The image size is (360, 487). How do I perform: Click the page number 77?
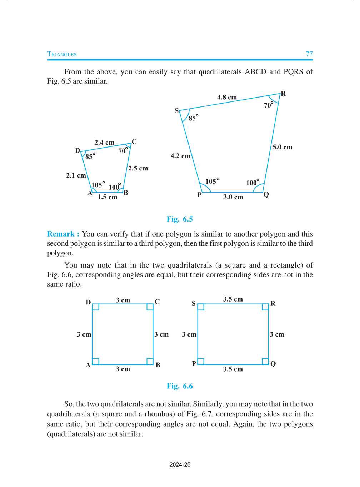pos(309,54)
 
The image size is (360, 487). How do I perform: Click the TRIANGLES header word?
pos(62,54)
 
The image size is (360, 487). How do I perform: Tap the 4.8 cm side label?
pos(227,97)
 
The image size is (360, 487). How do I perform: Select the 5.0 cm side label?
pos(282,147)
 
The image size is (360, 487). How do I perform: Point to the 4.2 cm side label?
pos(180,156)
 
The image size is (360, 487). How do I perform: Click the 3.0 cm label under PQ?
pos(233,197)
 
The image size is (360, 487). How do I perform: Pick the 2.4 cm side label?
pos(104,143)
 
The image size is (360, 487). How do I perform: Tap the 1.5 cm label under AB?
pos(107,197)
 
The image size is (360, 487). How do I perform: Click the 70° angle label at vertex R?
pos(268,105)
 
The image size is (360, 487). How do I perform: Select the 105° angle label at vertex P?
pos(212,181)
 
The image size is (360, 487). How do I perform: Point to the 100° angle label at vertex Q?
pos(252,183)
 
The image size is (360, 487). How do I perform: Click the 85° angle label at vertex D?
pos(90,156)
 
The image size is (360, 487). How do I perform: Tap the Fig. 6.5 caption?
pos(180,219)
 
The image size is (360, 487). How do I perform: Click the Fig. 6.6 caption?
pos(180,386)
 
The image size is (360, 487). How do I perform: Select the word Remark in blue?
pos(61,234)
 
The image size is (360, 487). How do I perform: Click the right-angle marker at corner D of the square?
pos(96,307)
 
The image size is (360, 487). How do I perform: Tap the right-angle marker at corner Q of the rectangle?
pos(265,361)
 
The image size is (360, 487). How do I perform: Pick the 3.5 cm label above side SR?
pos(233,299)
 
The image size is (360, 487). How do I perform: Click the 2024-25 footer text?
pos(180,465)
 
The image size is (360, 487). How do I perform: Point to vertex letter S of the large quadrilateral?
pos(176,111)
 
